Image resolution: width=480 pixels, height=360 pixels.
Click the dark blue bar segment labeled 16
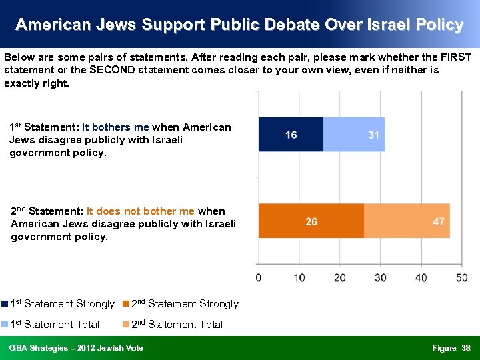[x=291, y=135]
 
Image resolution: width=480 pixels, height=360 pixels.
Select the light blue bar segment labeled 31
[x=354, y=135]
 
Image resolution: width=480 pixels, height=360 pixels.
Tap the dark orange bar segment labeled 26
[x=311, y=221]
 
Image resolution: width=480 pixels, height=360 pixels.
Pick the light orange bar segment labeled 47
[x=407, y=221]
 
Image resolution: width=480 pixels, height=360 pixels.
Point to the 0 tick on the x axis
[x=259, y=277]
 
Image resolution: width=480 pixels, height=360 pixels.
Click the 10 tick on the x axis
[x=299, y=277]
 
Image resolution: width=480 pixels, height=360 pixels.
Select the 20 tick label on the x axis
[x=340, y=277]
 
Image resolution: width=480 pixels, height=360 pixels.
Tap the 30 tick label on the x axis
[x=381, y=277]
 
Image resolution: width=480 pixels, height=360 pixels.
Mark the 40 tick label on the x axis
[x=421, y=277]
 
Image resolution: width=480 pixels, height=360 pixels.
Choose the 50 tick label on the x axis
[x=461, y=277]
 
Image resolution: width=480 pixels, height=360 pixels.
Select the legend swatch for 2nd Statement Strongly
[x=126, y=304]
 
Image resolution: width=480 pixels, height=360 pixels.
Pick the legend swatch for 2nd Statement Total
[x=126, y=325]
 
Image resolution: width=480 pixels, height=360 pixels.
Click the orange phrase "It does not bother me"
[x=141, y=211]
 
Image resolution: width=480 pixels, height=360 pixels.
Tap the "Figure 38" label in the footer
[x=451, y=348]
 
